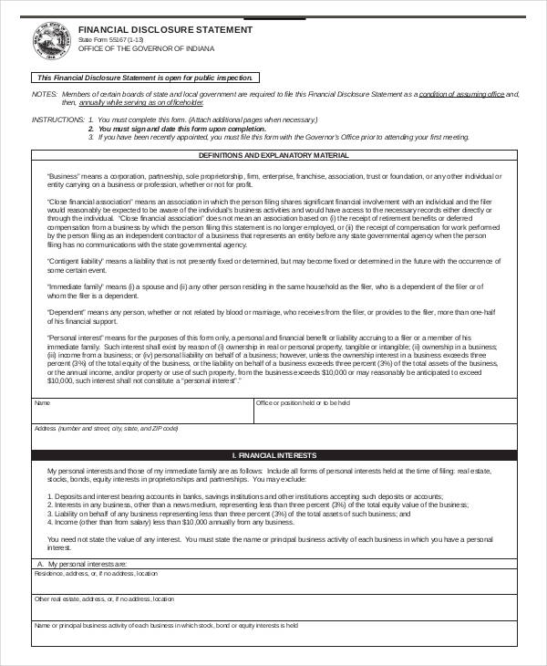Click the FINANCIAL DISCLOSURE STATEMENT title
165,29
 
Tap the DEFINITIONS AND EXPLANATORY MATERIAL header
274,156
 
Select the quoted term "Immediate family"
74,286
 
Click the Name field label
42,402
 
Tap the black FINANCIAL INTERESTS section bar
274,454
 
